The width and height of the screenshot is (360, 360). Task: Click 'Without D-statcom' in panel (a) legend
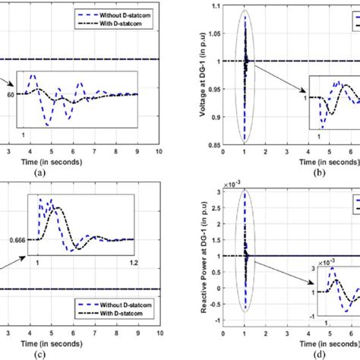122,14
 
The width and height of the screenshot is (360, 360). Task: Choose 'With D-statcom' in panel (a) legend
118,24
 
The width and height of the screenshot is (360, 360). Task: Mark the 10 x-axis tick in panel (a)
158,152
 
